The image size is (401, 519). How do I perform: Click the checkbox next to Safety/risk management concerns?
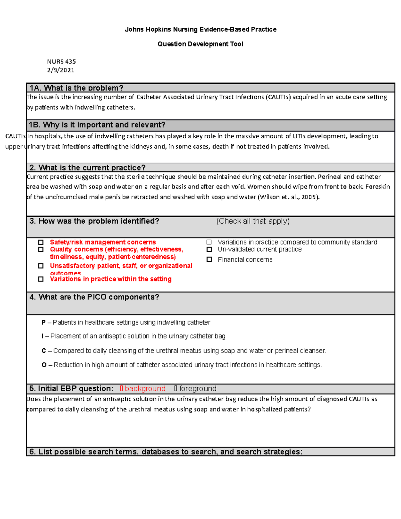click(x=41, y=242)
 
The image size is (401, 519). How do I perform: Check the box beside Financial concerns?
click(x=209, y=259)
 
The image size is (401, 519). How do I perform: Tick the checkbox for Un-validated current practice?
click(x=209, y=249)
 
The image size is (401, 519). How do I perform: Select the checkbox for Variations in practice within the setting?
click(x=41, y=279)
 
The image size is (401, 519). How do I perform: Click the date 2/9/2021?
click(x=61, y=70)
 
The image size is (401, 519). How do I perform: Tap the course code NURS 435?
click(x=61, y=61)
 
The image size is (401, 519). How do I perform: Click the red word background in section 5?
click(x=145, y=389)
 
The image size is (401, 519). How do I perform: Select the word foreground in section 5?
click(x=198, y=389)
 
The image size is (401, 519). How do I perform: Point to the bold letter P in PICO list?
click(x=43, y=322)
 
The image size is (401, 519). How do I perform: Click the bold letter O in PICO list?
click(x=44, y=365)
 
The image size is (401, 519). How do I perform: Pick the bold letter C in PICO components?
click(x=44, y=351)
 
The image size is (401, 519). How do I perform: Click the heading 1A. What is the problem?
click(x=77, y=88)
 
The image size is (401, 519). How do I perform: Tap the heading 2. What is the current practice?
click(x=88, y=167)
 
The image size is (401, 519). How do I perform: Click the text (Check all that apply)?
click(x=253, y=221)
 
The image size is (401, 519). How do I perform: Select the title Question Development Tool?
click(x=200, y=44)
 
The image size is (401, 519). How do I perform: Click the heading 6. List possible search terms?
click(x=165, y=452)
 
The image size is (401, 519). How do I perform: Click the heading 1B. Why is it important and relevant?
click(x=97, y=125)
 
